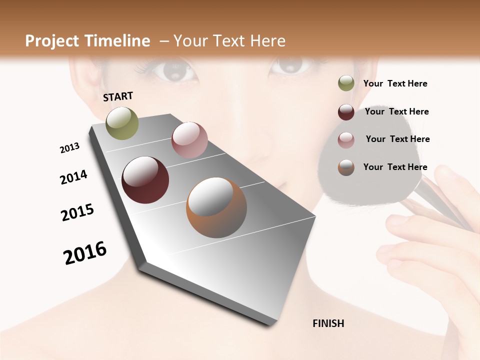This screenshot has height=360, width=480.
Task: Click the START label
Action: pyautogui.click(x=118, y=96)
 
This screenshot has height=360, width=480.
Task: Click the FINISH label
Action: pyautogui.click(x=328, y=323)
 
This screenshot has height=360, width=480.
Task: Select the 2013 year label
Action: pyautogui.click(x=69, y=148)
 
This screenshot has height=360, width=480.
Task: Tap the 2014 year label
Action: pyautogui.click(x=73, y=177)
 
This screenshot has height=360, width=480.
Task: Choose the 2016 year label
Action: pyautogui.click(x=85, y=253)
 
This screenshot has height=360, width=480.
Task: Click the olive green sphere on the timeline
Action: pyautogui.click(x=122, y=123)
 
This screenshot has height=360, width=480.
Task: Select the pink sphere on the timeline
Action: pyautogui.click(x=189, y=140)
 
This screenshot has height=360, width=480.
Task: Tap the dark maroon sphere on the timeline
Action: pyautogui.click(x=145, y=180)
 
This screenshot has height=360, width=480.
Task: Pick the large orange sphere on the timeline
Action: pyautogui.click(x=216, y=207)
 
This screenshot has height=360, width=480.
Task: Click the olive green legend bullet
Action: pyautogui.click(x=346, y=83)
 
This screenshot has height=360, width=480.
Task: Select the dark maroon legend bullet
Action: pyautogui.click(x=346, y=112)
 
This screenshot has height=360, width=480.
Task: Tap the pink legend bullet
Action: pyautogui.click(x=346, y=139)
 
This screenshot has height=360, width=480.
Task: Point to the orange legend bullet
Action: pyautogui.click(x=346, y=167)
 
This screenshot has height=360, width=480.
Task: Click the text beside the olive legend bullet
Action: pyautogui.click(x=395, y=83)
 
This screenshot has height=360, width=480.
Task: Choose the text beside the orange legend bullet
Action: pyautogui.click(x=395, y=167)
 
